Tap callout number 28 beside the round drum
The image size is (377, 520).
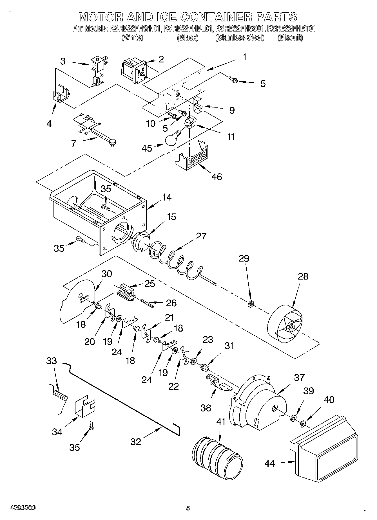point(303,276)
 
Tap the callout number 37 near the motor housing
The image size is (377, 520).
point(299,377)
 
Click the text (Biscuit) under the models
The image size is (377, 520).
point(290,38)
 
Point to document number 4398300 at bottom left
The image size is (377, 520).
point(23,508)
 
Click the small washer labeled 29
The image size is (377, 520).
point(250,304)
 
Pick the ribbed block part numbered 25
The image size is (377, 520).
point(126,292)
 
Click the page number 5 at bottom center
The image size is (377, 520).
point(188,508)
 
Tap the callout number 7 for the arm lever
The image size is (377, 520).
point(74,143)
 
